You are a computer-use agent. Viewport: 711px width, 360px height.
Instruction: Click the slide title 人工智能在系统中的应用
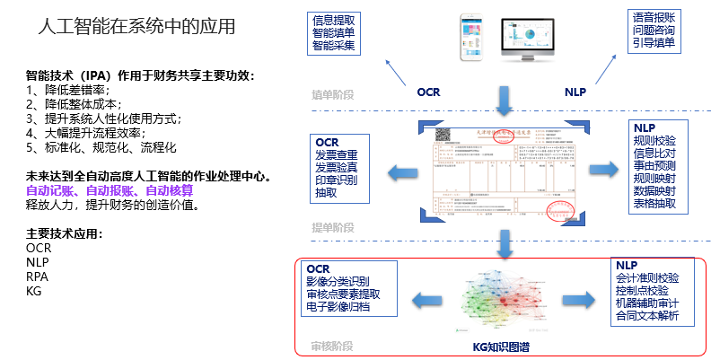[137, 27]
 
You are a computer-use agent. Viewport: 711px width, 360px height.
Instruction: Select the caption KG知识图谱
[503, 347]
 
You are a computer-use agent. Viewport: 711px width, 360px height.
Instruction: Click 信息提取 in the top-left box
[335, 19]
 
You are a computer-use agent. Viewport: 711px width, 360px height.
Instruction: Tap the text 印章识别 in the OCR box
[336, 180]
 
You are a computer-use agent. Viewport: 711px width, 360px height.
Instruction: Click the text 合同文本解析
[648, 316]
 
